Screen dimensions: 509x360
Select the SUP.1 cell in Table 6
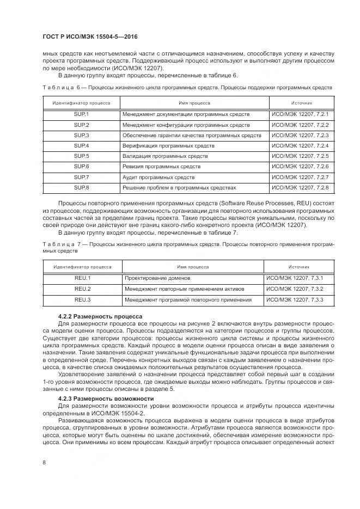[81, 114]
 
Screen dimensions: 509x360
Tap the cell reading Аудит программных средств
[158, 177]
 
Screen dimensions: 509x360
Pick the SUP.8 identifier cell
[81, 187]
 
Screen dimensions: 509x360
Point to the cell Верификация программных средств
[168, 146]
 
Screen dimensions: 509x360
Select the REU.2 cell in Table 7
[82, 289]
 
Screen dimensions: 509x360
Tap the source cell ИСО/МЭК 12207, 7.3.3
[295, 299]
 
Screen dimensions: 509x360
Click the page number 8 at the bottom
[44, 463]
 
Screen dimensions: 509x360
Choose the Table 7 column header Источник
[299, 267]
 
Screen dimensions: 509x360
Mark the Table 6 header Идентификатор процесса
[81, 102]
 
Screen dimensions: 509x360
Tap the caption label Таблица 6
[60, 87]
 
